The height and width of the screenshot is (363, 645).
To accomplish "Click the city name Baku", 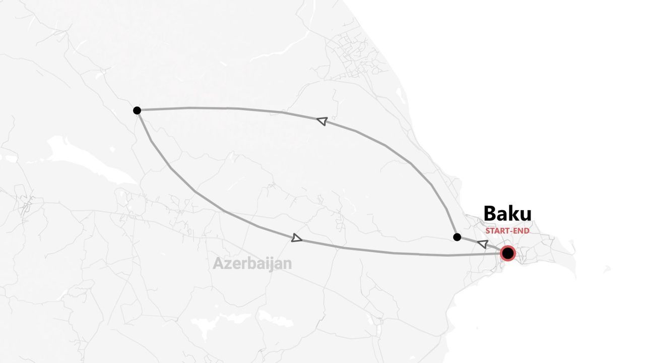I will [x=507, y=214].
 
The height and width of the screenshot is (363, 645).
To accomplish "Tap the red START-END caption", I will [x=507, y=231].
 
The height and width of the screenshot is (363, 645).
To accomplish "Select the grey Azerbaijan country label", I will [x=252, y=263].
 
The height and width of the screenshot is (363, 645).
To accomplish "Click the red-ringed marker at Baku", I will [x=508, y=253].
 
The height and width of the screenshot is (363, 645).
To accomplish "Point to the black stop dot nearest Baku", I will [x=457, y=237].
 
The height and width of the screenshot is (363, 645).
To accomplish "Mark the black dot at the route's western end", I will [x=137, y=110].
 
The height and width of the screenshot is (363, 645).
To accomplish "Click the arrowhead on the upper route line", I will [x=322, y=120].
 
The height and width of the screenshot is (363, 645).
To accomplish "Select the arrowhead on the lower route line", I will [x=297, y=238].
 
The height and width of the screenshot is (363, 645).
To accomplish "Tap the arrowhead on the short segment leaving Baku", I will [x=483, y=245].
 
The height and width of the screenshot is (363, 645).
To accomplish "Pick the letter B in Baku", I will [x=490, y=214].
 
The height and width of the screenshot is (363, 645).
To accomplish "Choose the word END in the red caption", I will [x=522, y=231].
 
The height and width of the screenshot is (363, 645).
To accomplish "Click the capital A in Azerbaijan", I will [x=218, y=263].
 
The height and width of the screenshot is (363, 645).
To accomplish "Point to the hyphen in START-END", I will [x=513, y=231].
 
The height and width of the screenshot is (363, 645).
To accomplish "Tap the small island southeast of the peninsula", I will [x=607, y=270].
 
